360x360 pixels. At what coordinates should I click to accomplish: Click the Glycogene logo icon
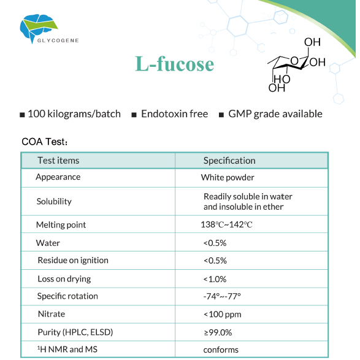38,25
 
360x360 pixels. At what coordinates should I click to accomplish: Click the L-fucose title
175,64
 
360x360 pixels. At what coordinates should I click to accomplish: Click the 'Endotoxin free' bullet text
174,114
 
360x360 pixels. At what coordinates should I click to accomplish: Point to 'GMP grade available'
275,114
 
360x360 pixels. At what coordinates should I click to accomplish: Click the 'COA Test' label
45,142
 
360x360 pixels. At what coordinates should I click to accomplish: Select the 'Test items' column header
58,161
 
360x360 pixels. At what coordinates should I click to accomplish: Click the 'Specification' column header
229,161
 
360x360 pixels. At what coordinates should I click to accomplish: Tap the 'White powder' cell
228,177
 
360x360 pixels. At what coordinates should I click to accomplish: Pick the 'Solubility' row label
54,201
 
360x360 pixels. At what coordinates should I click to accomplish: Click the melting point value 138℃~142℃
226,225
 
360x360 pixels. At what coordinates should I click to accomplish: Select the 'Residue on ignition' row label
72,260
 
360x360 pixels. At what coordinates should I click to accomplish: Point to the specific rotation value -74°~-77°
222,296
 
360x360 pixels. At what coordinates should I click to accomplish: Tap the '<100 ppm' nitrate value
222,315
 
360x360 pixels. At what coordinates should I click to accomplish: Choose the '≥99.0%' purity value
218,332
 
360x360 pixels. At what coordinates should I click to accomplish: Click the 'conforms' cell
221,350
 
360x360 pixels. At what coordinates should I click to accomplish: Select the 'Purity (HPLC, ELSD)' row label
75,332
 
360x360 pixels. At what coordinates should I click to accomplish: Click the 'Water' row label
48,243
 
